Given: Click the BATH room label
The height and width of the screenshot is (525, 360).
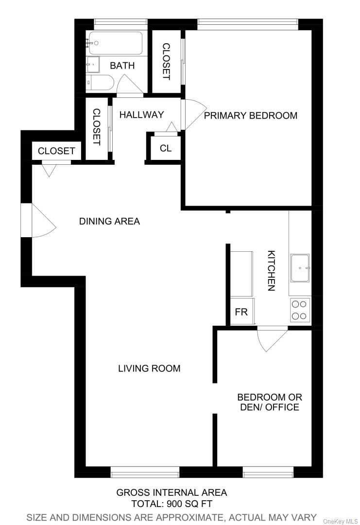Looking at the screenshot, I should point(122,66).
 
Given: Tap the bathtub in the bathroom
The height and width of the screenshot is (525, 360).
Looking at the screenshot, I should point(115,43).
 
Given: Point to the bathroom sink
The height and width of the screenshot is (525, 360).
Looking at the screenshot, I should point(92,64).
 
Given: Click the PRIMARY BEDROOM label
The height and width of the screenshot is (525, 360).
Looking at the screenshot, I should point(250,116).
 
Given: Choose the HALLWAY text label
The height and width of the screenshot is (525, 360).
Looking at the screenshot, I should point(141,115).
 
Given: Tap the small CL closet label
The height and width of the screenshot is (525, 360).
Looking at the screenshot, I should point(166,148).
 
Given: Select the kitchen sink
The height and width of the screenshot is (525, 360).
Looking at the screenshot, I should point(300,268).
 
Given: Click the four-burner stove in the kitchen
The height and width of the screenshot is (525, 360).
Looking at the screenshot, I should point(300,310).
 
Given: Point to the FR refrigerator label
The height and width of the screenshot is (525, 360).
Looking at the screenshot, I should point(241,312).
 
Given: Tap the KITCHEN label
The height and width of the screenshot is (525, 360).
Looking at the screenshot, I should point(272,271).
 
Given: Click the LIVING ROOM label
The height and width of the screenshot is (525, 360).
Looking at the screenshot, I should point(149,368).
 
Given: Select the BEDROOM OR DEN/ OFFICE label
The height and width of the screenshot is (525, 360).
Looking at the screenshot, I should point(270,402).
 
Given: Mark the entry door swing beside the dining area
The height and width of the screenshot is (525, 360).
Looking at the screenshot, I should point(41,221).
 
